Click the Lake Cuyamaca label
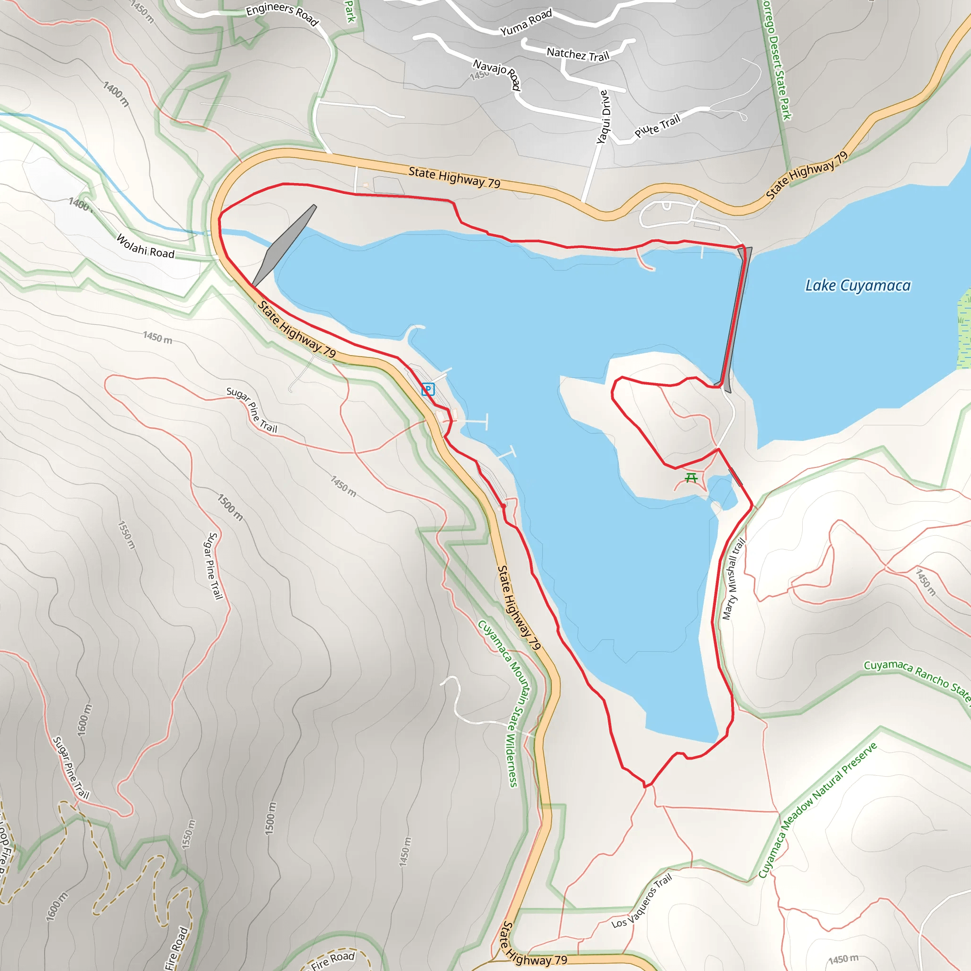pos(857,285)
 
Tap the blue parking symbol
pos(428,389)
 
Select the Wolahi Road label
pos(145,246)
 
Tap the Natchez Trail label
pos(577,54)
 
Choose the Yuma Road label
pos(526,23)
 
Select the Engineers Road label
pos(282,14)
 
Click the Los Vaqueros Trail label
pos(642,901)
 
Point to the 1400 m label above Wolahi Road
pos(79,204)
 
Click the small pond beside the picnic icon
pos(722,490)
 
